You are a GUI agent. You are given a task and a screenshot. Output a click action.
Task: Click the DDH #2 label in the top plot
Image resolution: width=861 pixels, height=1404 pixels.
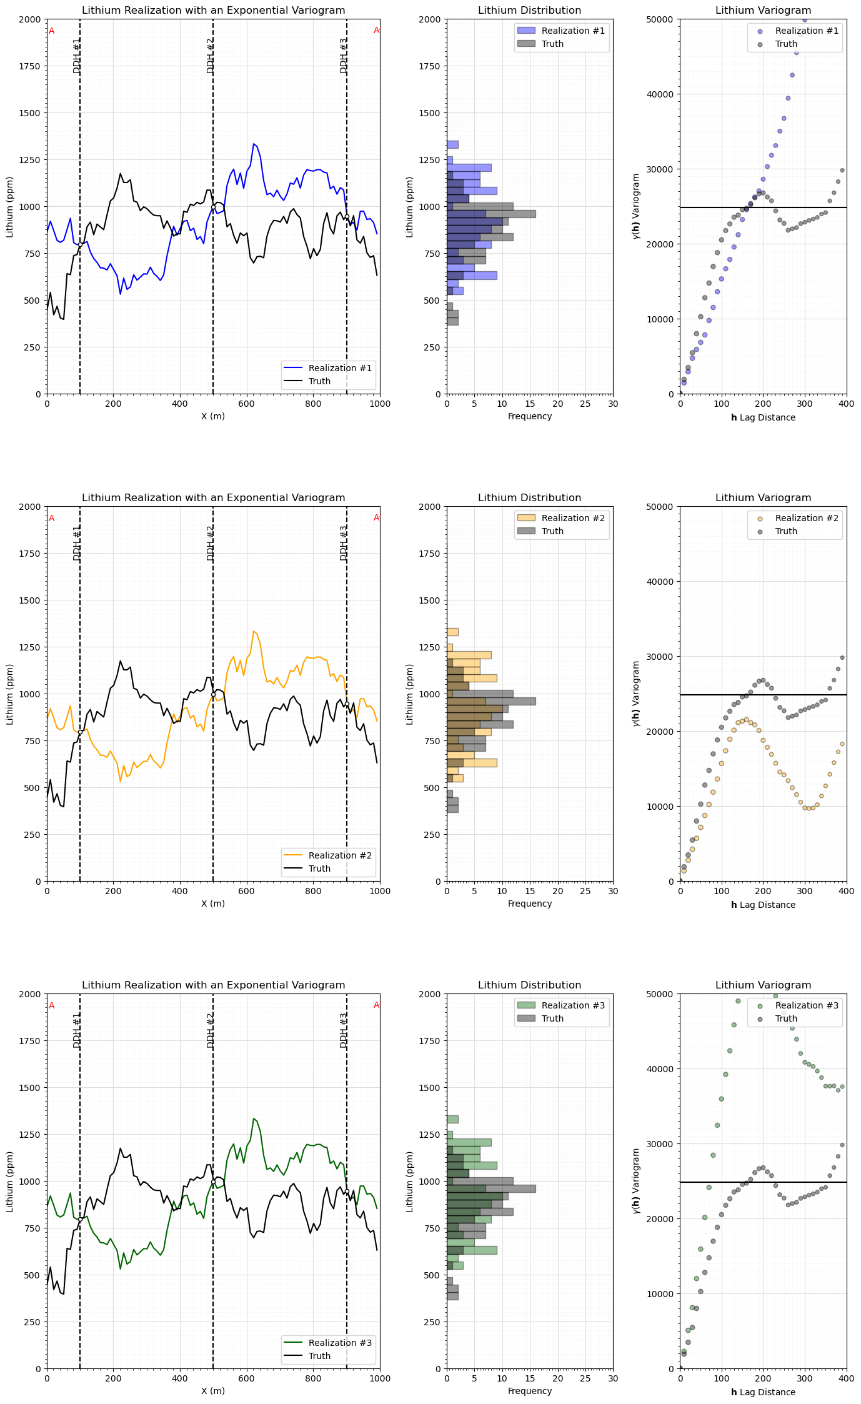click(x=211, y=56)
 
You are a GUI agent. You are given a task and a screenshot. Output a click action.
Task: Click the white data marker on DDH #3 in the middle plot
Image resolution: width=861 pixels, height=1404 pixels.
click(x=347, y=704)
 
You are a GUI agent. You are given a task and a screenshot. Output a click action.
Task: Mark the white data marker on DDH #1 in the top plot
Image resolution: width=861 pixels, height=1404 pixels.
click(x=80, y=244)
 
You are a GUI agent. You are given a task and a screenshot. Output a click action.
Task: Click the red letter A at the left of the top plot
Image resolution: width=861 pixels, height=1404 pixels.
click(x=51, y=31)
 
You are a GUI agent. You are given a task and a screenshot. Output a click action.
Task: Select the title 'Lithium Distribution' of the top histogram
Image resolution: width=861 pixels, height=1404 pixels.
click(x=529, y=11)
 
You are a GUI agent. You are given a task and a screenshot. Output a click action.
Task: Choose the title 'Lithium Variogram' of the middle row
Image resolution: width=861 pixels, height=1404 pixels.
click(x=763, y=498)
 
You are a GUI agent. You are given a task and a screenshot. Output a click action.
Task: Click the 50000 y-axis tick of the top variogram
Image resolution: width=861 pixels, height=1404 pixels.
click(x=662, y=19)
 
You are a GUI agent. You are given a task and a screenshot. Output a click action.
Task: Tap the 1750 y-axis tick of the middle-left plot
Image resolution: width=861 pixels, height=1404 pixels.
click(x=31, y=554)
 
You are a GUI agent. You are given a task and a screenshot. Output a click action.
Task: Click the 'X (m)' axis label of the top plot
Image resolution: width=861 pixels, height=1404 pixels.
click(x=213, y=416)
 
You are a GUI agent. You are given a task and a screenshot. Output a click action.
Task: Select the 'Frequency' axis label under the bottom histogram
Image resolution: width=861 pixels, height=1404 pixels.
click(x=529, y=1391)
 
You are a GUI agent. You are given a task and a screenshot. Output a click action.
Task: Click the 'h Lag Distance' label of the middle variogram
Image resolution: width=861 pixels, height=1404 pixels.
click(x=763, y=905)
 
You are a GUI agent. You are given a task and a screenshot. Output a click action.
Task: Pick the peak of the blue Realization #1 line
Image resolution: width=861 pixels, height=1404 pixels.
click(x=253, y=144)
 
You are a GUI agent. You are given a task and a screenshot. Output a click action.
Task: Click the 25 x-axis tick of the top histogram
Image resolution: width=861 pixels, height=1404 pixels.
click(x=585, y=404)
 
